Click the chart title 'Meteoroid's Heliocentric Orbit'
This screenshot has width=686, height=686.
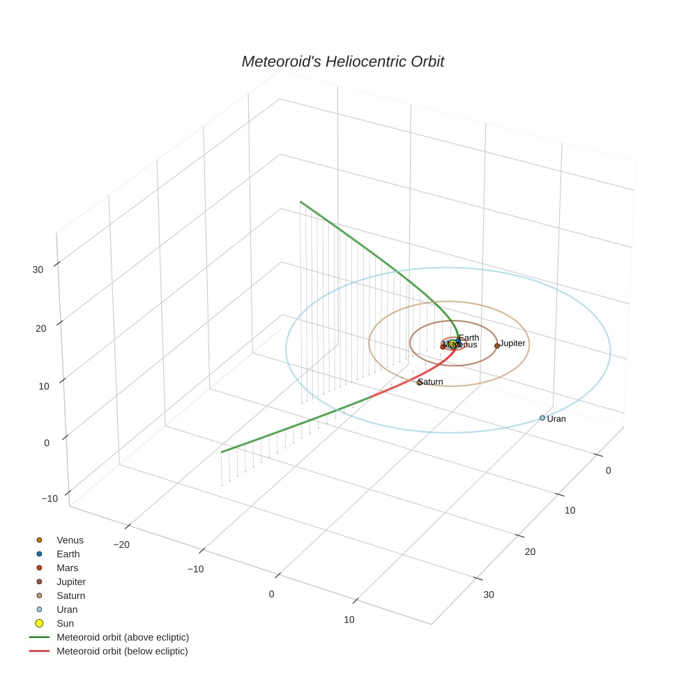342,62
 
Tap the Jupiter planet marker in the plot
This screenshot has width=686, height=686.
497,346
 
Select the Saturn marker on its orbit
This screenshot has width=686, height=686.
419,383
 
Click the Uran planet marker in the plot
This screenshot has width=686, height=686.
542,418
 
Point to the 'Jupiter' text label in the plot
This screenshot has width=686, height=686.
512,344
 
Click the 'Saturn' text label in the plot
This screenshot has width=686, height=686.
431,382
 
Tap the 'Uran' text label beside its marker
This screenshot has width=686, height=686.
556,419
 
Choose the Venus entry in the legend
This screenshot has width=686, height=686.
70,540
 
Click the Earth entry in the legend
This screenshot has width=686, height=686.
68,554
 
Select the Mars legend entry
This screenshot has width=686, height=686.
68,568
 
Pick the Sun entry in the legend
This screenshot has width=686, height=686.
66,623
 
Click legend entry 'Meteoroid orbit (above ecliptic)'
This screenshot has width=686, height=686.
123,637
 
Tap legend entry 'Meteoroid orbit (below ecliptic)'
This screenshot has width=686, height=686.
123,651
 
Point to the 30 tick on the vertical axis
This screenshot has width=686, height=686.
38,270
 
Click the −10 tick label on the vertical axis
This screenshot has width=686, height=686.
49,498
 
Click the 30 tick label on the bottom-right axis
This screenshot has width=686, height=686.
489,595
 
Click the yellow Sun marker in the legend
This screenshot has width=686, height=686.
40,623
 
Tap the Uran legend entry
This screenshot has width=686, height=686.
67,609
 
